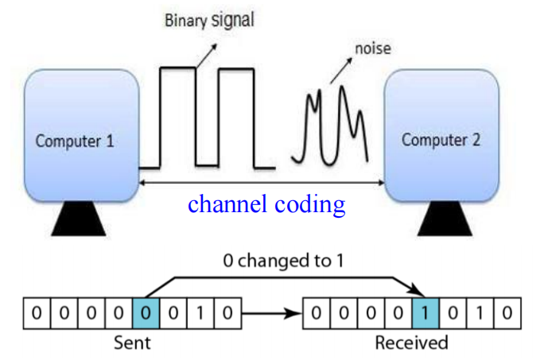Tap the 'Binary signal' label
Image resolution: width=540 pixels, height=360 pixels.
pos(209,20)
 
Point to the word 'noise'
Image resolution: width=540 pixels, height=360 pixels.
pos(372,49)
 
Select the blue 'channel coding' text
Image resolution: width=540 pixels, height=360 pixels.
pos(266,204)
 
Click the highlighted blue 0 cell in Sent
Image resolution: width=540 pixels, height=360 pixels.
pos(144,313)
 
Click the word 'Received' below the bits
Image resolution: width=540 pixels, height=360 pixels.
pos(413,343)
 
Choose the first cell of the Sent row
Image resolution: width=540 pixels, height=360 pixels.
pos(35,313)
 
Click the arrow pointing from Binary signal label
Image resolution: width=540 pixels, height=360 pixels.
pos(208,53)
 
